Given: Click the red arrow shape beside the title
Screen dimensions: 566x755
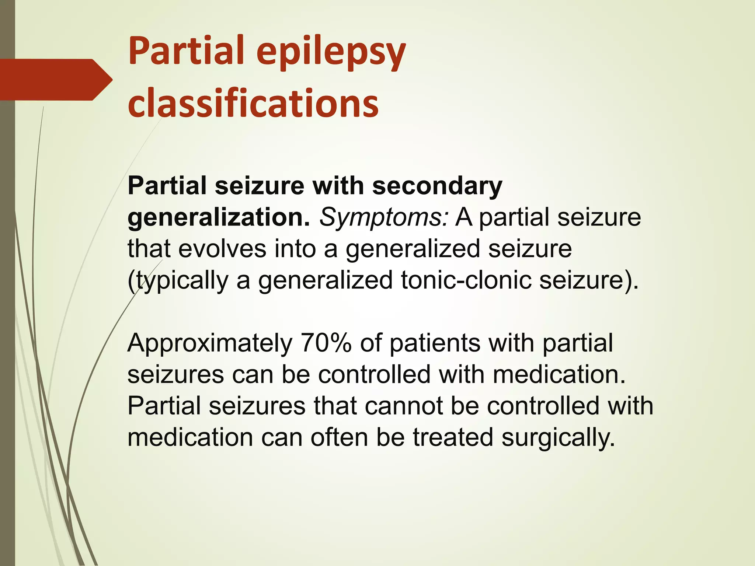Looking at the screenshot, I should click(55, 80).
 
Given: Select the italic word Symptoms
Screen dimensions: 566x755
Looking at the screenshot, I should click(384, 218).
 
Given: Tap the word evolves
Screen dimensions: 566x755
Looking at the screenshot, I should click(222, 248).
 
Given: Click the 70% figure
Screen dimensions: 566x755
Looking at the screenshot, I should click(326, 343).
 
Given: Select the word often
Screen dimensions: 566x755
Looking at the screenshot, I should click(340, 437).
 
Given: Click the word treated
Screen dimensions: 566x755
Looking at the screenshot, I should click(453, 437).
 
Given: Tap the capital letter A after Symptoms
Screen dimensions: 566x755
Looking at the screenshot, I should click(464, 217).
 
